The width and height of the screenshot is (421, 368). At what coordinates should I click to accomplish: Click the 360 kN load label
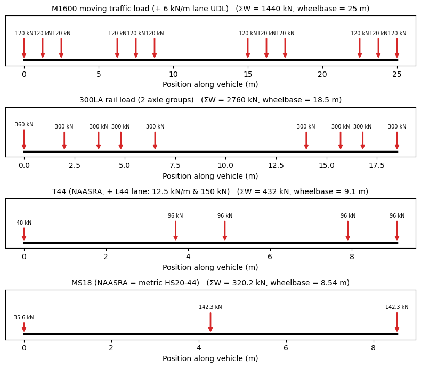coord(24,124)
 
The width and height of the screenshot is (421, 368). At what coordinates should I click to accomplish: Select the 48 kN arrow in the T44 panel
coord(24,234)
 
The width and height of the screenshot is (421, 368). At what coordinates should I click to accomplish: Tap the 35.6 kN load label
coord(24,317)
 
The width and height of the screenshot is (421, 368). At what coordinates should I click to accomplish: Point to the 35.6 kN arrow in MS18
coord(24,327)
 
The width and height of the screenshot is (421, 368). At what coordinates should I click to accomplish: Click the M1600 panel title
coord(210,9)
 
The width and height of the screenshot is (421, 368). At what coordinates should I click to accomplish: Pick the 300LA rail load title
coord(210,100)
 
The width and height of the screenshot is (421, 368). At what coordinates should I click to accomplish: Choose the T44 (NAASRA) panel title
coord(210,191)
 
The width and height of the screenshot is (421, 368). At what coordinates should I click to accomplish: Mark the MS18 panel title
coord(210,283)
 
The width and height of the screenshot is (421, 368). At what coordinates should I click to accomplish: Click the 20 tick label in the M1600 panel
coord(322,74)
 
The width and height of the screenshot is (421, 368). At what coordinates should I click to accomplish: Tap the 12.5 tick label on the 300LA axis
coord(276,165)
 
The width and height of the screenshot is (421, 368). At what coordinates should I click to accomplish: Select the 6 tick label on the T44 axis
coord(270,257)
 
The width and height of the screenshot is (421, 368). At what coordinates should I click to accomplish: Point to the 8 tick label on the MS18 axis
coord(373,348)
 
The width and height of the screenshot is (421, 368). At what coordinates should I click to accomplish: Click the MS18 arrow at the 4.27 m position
coord(210,322)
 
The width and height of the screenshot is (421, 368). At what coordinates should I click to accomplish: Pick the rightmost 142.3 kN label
coord(397,307)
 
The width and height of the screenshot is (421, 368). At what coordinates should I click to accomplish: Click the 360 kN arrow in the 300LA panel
coord(24,139)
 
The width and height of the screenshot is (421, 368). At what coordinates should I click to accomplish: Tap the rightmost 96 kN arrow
coord(397,230)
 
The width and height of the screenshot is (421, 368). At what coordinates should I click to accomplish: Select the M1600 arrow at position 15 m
coord(248,48)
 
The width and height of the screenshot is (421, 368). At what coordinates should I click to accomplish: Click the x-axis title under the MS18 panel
coord(210,358)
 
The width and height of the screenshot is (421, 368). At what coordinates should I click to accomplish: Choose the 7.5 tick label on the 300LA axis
coord(175,165)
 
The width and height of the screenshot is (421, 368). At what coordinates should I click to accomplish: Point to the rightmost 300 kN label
coord(397,126)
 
